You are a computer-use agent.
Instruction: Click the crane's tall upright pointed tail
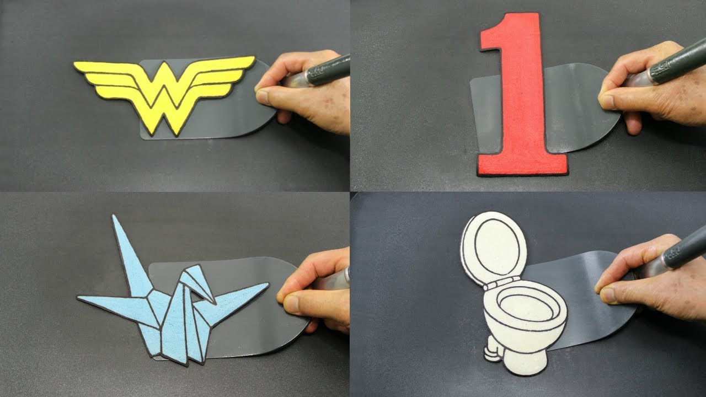tap(129, 255)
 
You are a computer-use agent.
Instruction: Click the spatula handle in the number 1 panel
tap(678, 66)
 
